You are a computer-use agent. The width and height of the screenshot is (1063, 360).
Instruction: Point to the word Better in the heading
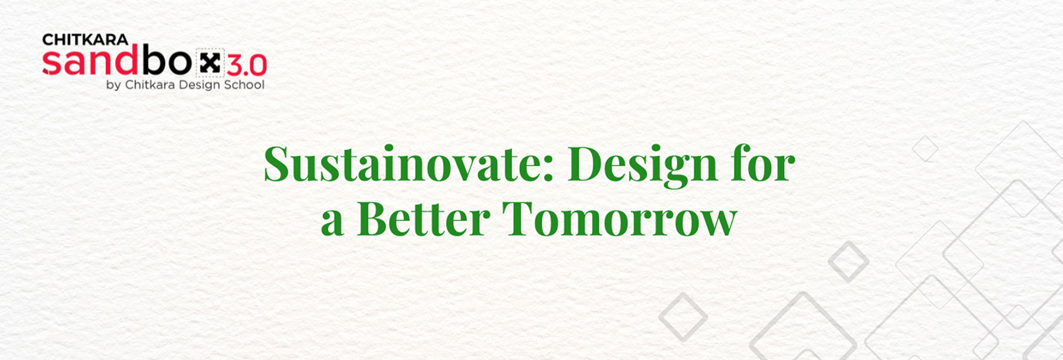click(x=424, y=218)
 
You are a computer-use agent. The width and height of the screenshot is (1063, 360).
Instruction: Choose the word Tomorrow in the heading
click(x=620, y=218)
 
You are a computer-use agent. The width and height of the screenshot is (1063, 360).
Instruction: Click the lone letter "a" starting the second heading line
click(x=332, y=224)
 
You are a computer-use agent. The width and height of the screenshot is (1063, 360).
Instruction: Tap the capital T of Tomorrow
click(x=519, y=218)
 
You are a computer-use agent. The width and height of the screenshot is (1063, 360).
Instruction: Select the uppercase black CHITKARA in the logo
click(x=85, y=40)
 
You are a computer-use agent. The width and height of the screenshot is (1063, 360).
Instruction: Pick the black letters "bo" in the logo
click(x=167, y=60)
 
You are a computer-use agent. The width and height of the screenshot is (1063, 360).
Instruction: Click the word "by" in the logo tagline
click(x=113, y=86)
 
